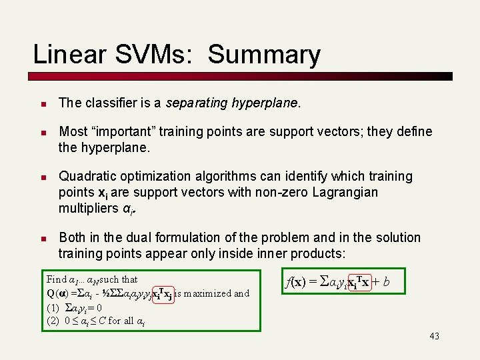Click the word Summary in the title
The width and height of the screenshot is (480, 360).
pyautogui.click(x=264, y=55)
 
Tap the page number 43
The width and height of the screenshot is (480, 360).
pyautogui.click(x=434, y=336)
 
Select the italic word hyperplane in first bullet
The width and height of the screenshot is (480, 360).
pyautogui.click(x=266, y=103)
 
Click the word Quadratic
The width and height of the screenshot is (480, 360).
pyautogui.click(x=89, y=177)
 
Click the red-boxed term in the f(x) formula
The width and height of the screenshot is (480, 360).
pyautogui.click(x=347, y=283)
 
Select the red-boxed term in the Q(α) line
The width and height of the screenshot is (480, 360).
pyautogui.click(x=164, y=294)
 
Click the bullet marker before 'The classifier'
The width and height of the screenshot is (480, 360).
pyautogui.click(x=41, y=104)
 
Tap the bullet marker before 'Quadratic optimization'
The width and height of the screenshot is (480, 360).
pyautogui.click(x=41, y=177)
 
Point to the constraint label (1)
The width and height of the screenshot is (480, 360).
pyautogui.click(x=53, y=308)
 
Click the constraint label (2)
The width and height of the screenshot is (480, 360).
pyautogui.click(x=53, y=321)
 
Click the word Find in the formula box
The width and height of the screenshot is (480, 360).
pyautogui.click(x=57, y=279)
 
